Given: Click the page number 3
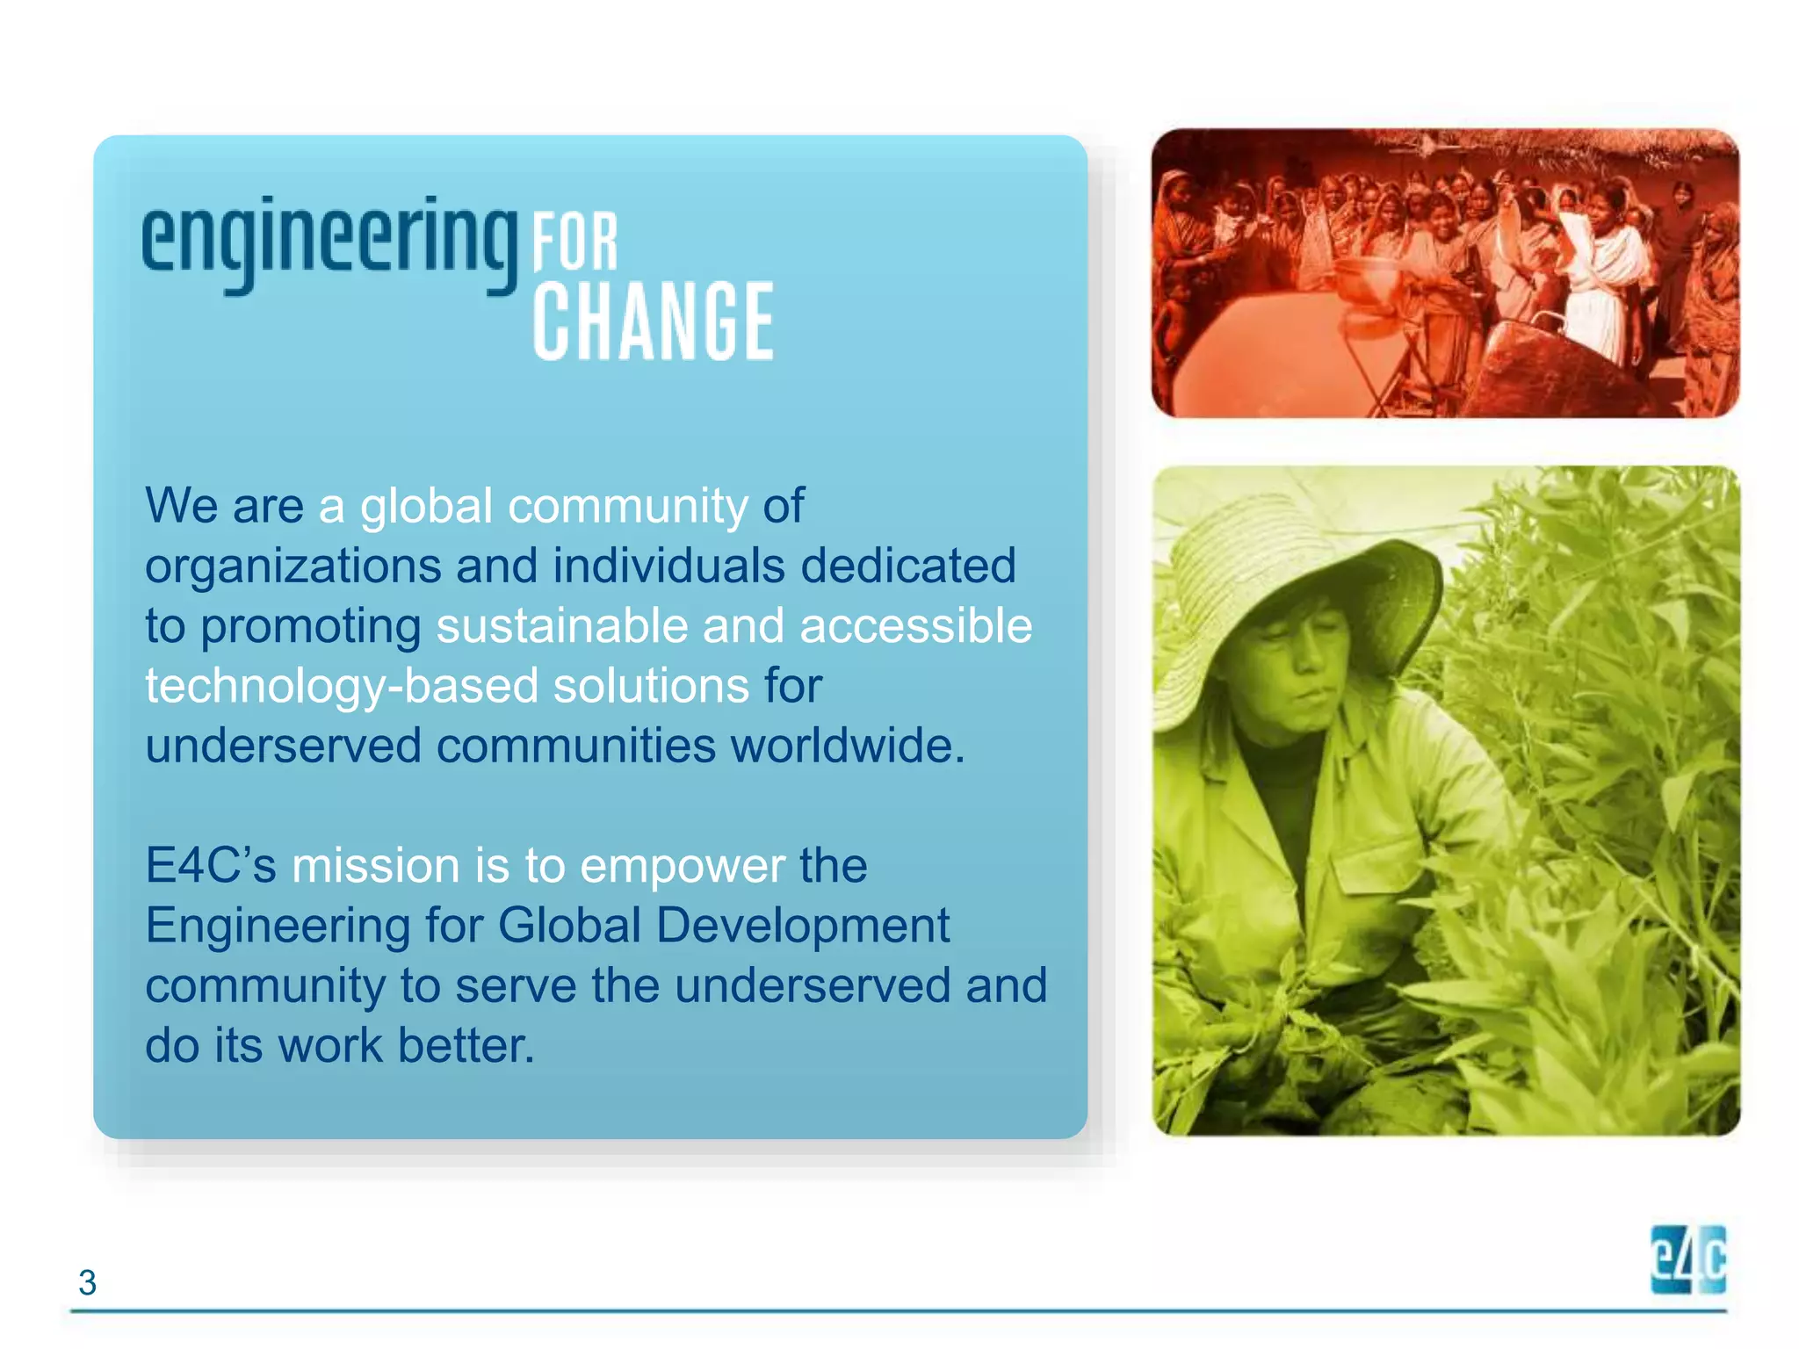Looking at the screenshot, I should tap(87, 1282).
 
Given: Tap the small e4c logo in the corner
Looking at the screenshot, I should tap(1687, 1259).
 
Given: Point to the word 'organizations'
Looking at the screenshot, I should tap(293, 566).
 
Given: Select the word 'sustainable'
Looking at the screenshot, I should tap(562, 625).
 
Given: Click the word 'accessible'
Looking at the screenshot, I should tap(915, 625).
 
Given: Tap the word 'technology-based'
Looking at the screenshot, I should tap(341, 685).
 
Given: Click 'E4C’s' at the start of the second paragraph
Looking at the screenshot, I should tap(211, 866).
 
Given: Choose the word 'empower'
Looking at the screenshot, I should tap(682, 866).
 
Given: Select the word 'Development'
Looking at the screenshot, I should tap(802, 926).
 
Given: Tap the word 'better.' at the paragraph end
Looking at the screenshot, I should tap(466, 1046).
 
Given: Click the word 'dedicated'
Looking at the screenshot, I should tap(907, 566).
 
